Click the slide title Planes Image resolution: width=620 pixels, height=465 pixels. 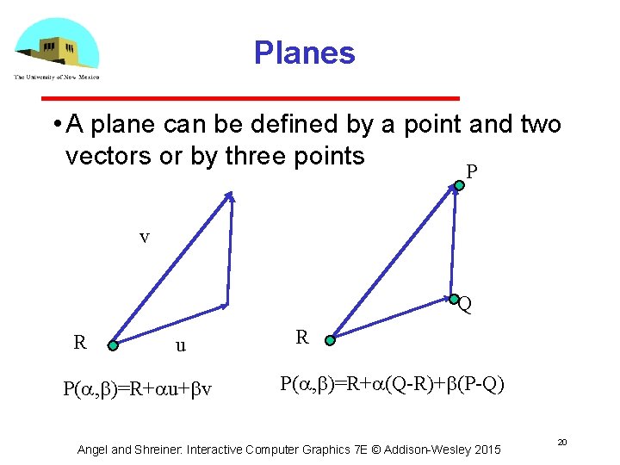[x=304, y=53]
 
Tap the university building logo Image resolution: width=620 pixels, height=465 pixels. [x=57, y=45]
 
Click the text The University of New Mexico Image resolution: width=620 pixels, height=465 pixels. [x=56, y=77]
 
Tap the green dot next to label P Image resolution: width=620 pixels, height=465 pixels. [x=458, y=183]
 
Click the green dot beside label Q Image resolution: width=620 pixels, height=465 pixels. [x=453, y=299]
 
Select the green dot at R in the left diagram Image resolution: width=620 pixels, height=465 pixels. [x=113, y=345]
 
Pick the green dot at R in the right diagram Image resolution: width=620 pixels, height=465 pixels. [x=330, y=340]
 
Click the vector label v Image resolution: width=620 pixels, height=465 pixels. [x=144, y=237]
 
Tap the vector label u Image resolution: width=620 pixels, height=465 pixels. [x=180, y=346]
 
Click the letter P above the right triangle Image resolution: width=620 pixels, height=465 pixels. [x=471, y=172]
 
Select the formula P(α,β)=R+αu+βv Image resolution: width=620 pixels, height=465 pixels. [x=138, y=388]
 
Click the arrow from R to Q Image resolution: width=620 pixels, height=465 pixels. [x=392, y=319]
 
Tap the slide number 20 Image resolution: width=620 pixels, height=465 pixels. [x=561, y=441]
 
